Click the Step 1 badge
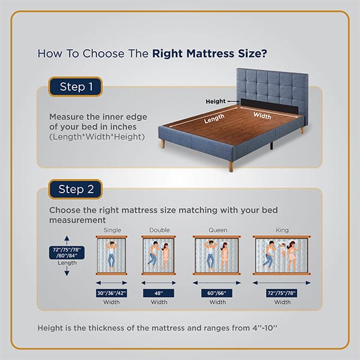point(76,87)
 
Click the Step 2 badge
point(76,189)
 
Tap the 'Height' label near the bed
point(215,102)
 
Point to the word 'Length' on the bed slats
point(214,119)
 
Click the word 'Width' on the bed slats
point(262,115)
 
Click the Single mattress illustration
point(112,254)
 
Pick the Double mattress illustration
point(159,254)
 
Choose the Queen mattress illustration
point(217,254)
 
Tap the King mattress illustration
point(282,254)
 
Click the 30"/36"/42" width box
point(112,293)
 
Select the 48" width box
point(159,293)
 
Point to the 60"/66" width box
point(217,293)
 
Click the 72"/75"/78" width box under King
point(282,293)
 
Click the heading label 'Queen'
point(218,230)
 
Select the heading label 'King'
point(282,230)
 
